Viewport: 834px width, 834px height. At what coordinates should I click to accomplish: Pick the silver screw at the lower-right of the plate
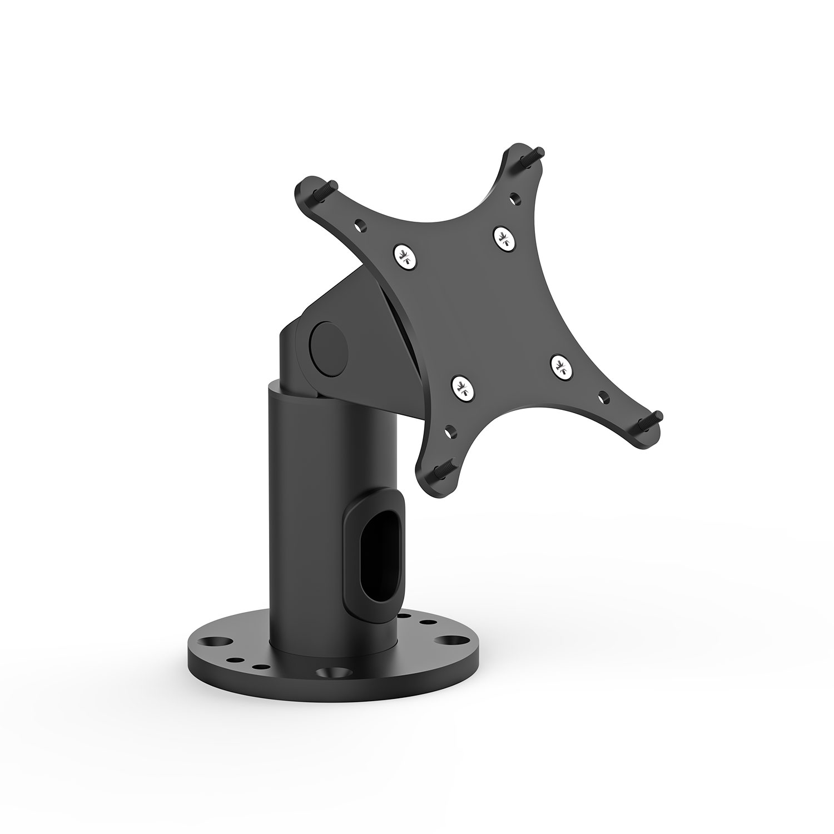coord(562,367)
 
